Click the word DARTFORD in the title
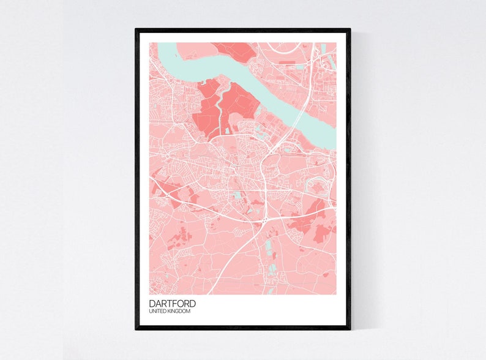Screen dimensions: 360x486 (x=173, y=303)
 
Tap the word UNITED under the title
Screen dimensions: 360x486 (x=159, y=312)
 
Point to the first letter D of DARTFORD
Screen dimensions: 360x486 (x=152, y=303)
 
